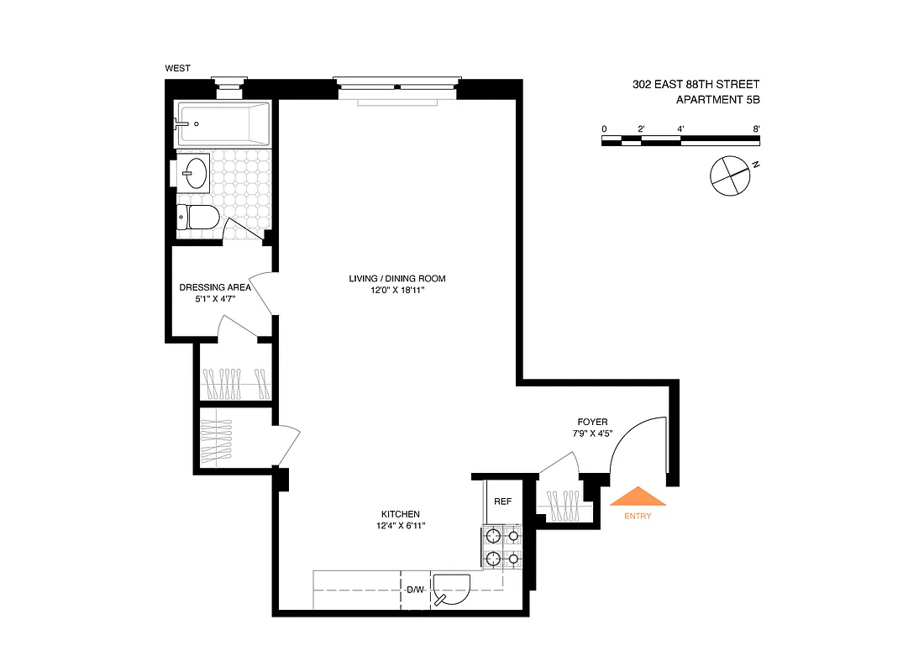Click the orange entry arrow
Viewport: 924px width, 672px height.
638,497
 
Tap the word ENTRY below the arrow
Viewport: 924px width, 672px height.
638,516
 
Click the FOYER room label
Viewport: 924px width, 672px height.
592,422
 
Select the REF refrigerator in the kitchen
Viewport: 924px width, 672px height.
502,501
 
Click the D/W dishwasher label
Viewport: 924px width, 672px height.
415,589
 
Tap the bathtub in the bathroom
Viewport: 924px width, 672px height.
223,123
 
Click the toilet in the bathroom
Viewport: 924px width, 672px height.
198,218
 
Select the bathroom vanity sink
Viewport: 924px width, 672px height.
193,173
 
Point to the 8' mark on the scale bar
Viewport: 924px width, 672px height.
757,129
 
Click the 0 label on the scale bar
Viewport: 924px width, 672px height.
604,129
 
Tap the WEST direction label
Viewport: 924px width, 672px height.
177,68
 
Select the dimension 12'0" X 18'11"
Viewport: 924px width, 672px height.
397,291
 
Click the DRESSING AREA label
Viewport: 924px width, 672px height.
215,286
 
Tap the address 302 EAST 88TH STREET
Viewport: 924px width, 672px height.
696,84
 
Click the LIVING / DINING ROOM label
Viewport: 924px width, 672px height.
397,278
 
